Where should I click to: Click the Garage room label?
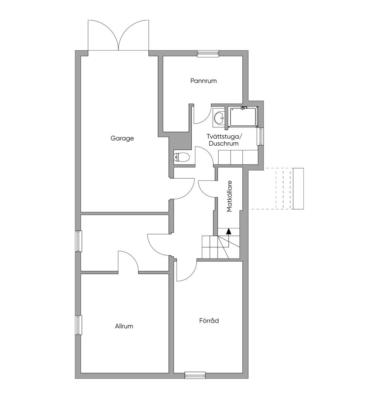(x=122, y=138)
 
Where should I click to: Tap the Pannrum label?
(x=204, y=81)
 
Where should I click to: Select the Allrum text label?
(x=124, y=326)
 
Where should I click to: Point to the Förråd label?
(x=209, y=321)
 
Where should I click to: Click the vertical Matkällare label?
(x=229, y=196)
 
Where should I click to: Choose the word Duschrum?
(x=224, y=143)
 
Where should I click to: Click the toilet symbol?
(x=181, y=157)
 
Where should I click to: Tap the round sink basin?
(x=219, y=118)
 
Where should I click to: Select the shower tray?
(x=243, y=117)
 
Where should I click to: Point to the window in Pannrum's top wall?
(x=208, y=53)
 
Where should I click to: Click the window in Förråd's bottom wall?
(x=195, y=375)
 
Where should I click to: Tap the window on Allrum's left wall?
(x=78, y=325)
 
